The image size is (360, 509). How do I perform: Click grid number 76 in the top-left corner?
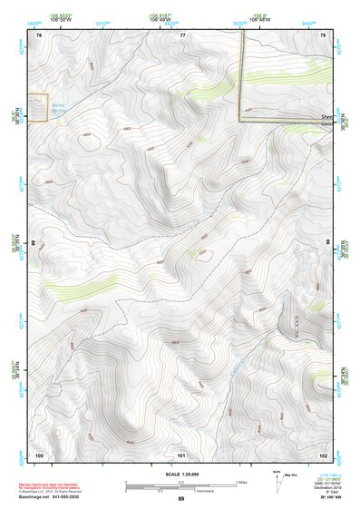click(x=39, y=34)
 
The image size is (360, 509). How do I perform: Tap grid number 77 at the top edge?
click(x=182, y=34)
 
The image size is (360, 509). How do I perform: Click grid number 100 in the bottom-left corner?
click(x=39, y=454)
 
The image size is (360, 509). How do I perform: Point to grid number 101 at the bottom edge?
click(x=181, y=454)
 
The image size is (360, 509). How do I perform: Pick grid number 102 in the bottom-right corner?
click(x=323, y=454)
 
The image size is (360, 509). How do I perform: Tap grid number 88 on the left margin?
click(x=34, y=244)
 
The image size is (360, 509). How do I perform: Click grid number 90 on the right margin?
click(x=328, y=244)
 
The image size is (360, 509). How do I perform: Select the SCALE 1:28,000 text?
click(x=180, y=474)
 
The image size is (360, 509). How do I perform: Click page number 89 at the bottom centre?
click(x=180, y=499)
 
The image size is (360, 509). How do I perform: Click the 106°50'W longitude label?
click(x=62, y=18)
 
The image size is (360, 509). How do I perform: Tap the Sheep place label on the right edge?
click(x=326, y=117)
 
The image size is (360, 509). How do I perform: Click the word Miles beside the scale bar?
click(x=240, y=482)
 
